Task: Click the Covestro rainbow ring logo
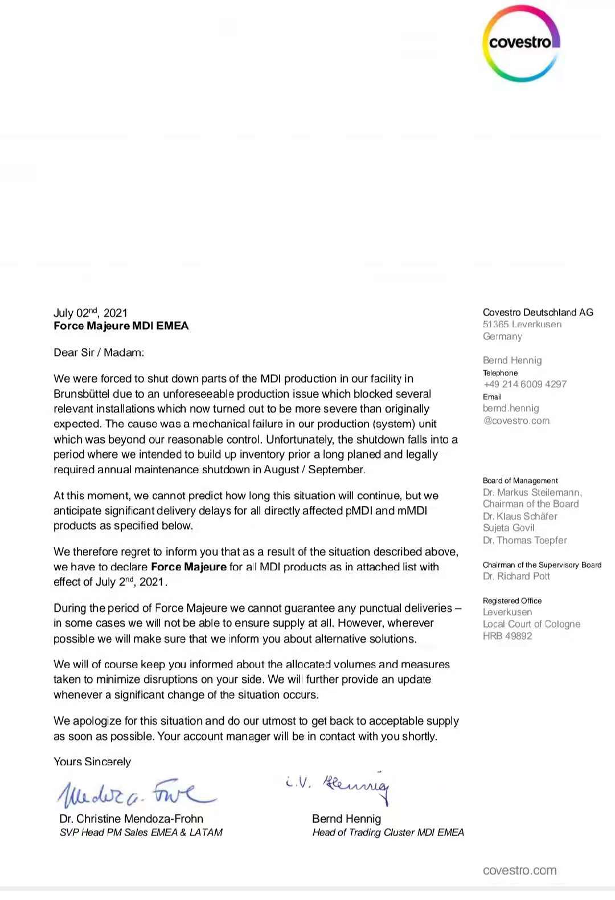tap(521, 43)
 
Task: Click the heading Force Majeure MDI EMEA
tap(121, 326)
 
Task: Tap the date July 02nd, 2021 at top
tap(91, 313)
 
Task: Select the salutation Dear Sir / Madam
tap(99, 353)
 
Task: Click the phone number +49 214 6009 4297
tap(525, 384)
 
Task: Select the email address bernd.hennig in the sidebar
tap(511, 408)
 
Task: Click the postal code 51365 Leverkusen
tap(522, 324)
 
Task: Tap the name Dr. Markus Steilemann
tap(532, 492)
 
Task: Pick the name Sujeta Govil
tap(509, 528)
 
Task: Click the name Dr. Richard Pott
tap(516, 576)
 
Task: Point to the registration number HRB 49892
tap(507, 636)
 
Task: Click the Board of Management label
tap(520, 481)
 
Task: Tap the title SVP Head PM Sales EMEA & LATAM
tap(141, 833)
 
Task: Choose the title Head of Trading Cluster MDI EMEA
tap(388, 833)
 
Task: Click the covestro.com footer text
tap(519, 870)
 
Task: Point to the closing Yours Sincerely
tap(92, 762)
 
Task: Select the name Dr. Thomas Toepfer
tap(524, 540)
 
